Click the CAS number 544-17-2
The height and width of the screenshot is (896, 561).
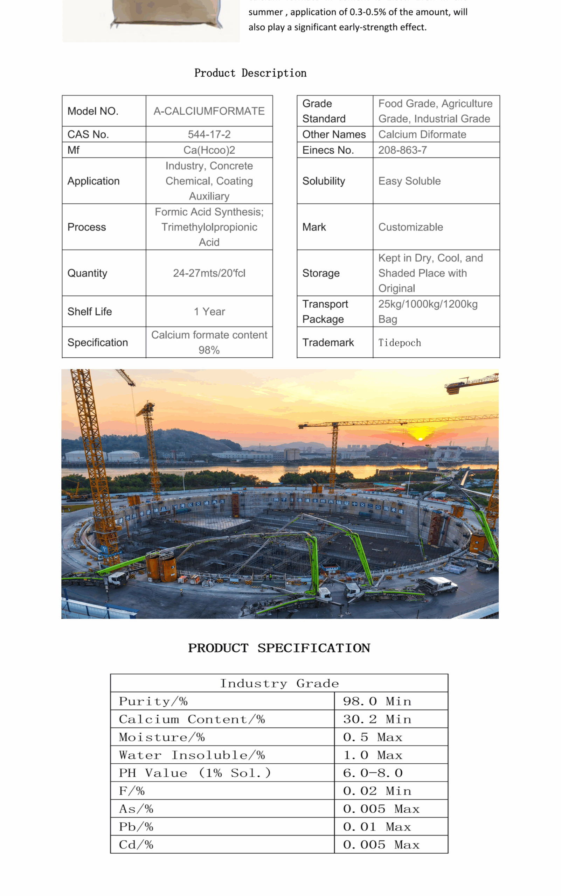point(209,134)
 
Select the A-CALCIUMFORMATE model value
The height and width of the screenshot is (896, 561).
point(209,111)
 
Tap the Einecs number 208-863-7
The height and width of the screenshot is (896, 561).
point(402,150)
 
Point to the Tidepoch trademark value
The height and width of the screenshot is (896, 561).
point(399,342)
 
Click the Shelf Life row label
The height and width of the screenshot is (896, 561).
point(89,311)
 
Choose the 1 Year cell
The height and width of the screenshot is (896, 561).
point(209,311)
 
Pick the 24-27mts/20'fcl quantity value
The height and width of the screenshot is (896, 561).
point(209,273)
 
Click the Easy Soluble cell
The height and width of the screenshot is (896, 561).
point(409,181)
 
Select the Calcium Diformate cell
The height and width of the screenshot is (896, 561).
point(422,134)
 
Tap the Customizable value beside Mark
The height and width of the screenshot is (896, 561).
point(410,227)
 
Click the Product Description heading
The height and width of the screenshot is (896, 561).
point(250,73)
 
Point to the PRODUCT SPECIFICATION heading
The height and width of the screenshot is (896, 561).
point(279,648)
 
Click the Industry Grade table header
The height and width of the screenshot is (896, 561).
point(279,683)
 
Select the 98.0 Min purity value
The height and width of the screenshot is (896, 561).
point(376,701)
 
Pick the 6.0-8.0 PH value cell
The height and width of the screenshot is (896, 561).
point(373,772)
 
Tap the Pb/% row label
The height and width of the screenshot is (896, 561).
point(136,826)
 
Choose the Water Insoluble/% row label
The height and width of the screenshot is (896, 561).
point(192,755)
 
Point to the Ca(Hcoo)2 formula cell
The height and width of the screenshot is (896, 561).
point(209,150)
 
